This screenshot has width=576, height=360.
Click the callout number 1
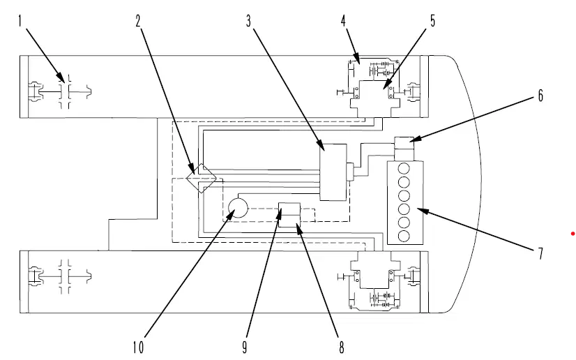click(20, 21)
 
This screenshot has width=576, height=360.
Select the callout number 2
click(138, 21)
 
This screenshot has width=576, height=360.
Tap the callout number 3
click(249, 21)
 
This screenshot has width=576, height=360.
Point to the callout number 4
click(343, 21)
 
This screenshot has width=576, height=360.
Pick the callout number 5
click(432, 21)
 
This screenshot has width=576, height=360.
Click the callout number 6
click(540, 96)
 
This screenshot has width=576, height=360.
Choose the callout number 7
click(540, 253)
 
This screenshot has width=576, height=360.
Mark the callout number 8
click(342, 347)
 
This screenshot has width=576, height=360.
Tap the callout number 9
click(245, 347)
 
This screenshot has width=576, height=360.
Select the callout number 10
click(138, 347)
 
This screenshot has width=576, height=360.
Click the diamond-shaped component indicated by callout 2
click(202, 178)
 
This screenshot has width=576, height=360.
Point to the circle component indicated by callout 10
click(238, 208)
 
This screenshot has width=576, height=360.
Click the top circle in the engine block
click(404, 169)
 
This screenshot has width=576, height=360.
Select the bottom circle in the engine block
click(404, 237)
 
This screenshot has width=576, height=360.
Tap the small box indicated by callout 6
click(404, 143)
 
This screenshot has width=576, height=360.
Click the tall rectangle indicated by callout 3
click(333, 172)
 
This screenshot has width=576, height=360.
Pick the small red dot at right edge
click(573, 234)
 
